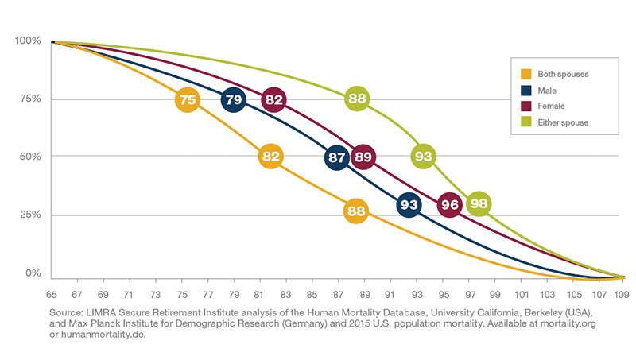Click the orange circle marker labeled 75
(187, 99)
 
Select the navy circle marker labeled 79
(233, 99)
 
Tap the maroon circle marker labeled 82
(273, 99)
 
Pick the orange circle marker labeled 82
(271, 157)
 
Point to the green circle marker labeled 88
(357, 99)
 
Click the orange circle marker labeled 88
(355, 211)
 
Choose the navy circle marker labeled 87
(336, 157)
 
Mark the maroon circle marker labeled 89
(363, 157)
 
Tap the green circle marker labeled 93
(424, 157)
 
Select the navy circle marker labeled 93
(409, 205)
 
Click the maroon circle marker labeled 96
(449, 205)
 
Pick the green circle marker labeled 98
(479, 204)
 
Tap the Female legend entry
(553, 106)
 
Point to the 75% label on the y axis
(27, 99)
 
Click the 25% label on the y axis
(27, 215)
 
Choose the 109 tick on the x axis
(622, 292)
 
